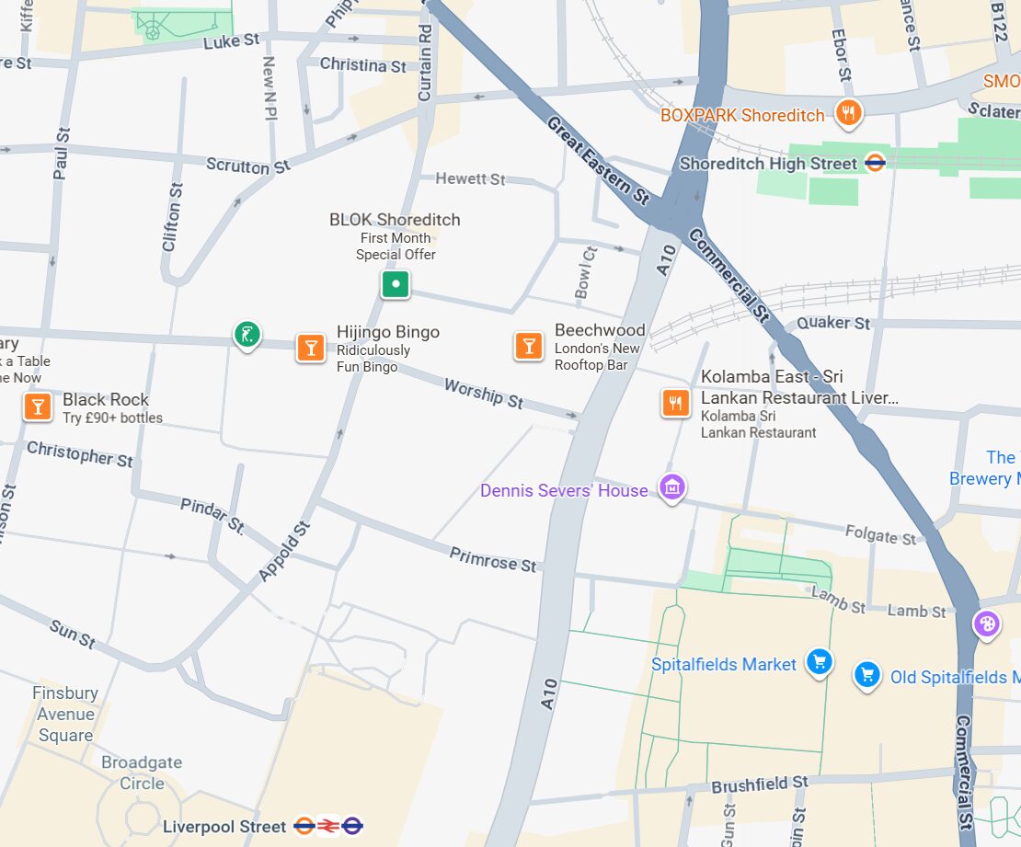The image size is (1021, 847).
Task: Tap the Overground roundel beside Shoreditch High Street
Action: (x=876, y=163)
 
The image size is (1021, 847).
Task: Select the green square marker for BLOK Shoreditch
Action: (x=396, y=284)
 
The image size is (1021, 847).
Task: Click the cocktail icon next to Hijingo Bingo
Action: (x=311, y=347)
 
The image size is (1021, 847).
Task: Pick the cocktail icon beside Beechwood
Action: (x=528, y=345)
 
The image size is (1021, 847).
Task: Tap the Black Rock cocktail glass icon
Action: (x=38, y=406)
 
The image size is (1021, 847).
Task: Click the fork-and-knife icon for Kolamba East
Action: (x=676, y=402)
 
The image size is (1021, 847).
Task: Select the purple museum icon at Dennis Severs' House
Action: (x=672, y=487)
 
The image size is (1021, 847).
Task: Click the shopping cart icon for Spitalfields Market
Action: (x=818, y=661)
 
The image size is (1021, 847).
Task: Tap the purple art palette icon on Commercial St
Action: (x=987, y=624)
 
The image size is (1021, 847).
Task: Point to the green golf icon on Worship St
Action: (x=247, y=335)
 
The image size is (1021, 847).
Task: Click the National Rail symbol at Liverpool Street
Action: (x=327, y=826)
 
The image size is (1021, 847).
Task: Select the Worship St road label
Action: (x=484, y=393)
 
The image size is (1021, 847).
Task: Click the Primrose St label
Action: (x=492, y=558)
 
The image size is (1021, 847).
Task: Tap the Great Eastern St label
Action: (x=598, y=159)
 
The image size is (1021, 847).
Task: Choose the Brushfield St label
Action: (x=759, y=784)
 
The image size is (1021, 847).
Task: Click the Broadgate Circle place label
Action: (x=142, y=773)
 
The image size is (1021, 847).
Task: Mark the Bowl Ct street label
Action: (x=585, y=272)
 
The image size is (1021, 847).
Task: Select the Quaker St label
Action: (x=832, y=323)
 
